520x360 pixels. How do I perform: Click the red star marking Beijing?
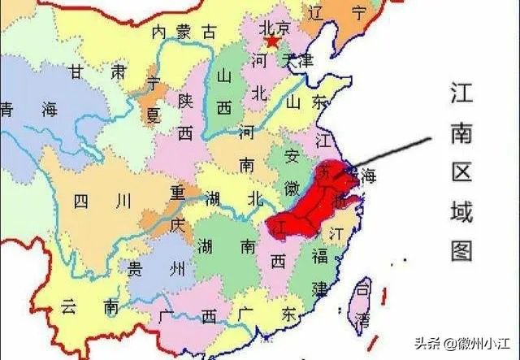(x=272, y=41)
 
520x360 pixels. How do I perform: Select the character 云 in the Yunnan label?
(x=68, y=306)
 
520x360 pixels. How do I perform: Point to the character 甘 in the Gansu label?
(x=78, y=72)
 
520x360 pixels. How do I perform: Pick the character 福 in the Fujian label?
(x=321, y=257)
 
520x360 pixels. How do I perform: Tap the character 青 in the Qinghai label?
(x=7, y=109)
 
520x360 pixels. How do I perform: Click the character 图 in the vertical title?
(x=462, y=250)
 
